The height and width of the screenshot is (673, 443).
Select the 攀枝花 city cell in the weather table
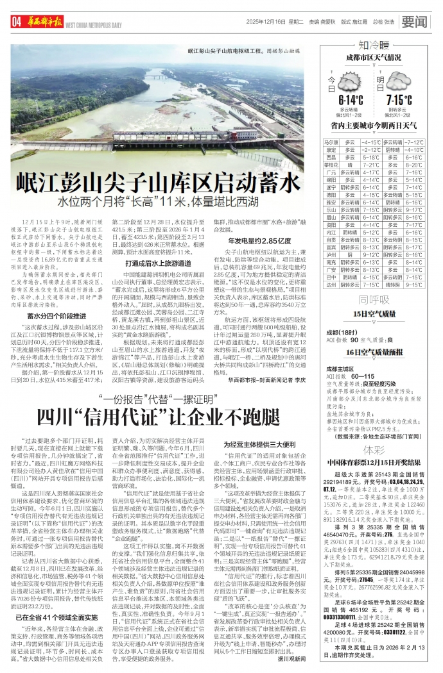click(x=331, y=165)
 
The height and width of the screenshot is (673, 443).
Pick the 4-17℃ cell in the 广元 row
click(x=372, y=172)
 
